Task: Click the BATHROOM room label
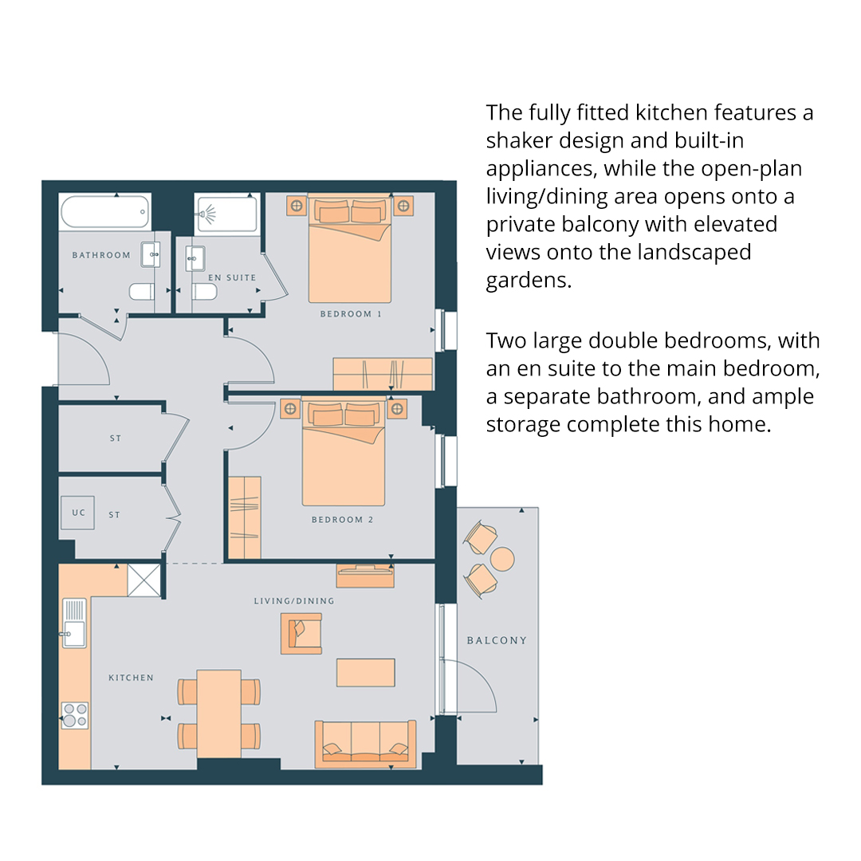click(101, 255)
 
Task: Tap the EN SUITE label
click(232, 278)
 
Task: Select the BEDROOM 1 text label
click(351, 314)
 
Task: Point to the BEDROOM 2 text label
click(343, 520)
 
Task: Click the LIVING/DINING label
click(294, 601)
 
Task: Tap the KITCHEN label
click(132, 678)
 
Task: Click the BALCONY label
click(497, 640)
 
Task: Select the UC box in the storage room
click(77, 513)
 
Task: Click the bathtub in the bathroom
click(105, 212)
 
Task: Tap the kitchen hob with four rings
click(75, 715)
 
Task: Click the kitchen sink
click(75, 623)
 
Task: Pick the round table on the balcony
click(502, 559)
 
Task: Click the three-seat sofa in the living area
click(365, 744)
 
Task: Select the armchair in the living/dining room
click(301, 634)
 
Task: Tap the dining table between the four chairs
click(219, 714)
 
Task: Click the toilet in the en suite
click(204, 292)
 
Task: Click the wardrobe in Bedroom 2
click(245, 518)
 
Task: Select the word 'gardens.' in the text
click(529, 281)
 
